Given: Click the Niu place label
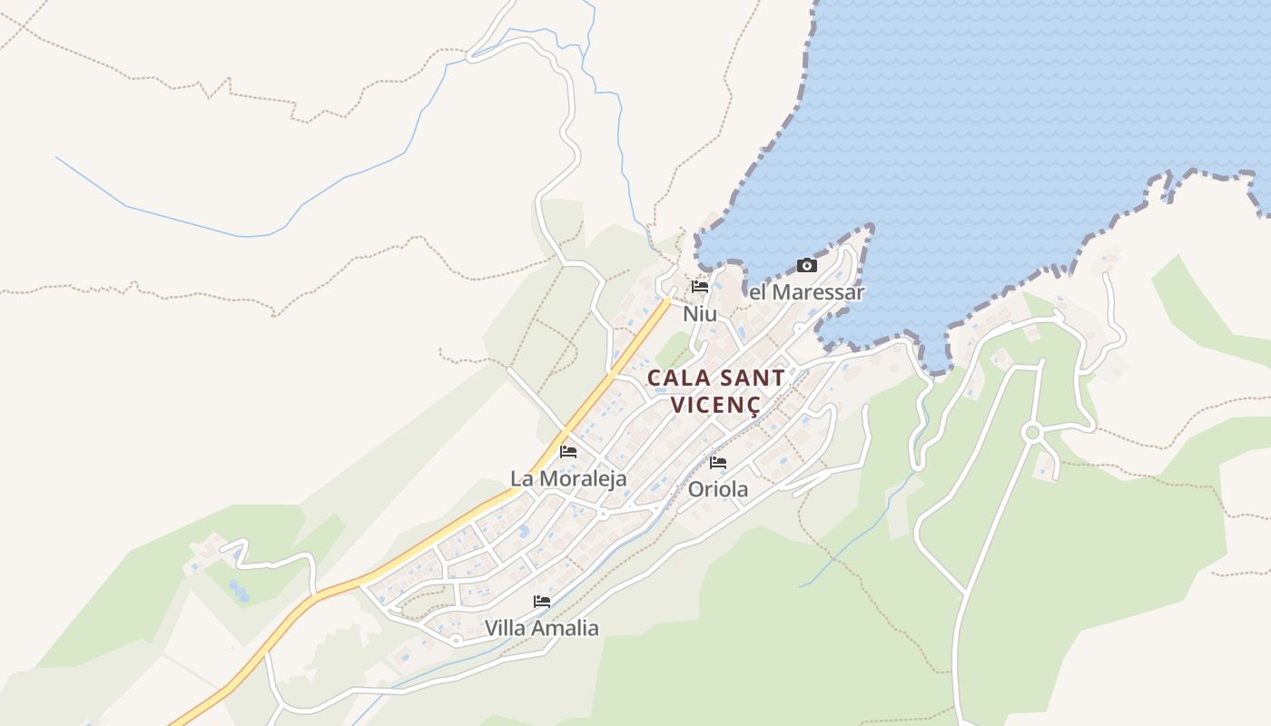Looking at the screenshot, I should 700,314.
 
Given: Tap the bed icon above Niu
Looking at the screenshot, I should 699,287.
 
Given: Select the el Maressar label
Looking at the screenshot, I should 806,292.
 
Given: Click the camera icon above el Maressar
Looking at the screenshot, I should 806,266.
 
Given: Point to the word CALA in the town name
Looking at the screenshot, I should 678,378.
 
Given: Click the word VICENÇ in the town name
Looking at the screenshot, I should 715,404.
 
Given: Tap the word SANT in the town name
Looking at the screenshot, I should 749,378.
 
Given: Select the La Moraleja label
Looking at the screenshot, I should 568,478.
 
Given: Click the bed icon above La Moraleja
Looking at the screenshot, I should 568,451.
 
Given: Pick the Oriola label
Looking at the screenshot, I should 718,490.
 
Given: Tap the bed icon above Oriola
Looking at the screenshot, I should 718,463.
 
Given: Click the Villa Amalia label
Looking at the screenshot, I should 541,628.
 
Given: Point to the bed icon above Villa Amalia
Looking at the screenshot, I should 542,601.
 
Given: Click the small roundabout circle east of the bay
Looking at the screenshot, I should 1031,433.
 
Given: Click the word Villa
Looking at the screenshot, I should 503,628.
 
